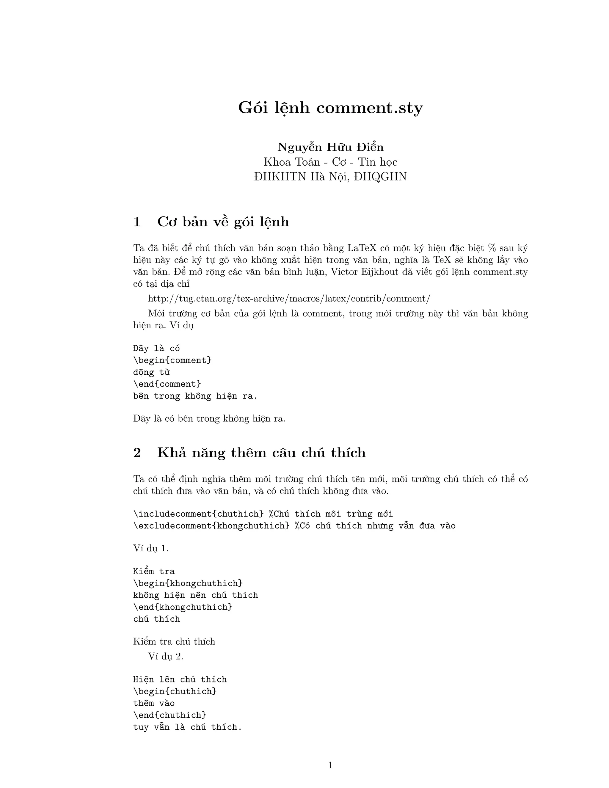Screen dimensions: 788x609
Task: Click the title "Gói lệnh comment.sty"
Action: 330,108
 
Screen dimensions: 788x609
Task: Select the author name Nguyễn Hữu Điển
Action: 330,147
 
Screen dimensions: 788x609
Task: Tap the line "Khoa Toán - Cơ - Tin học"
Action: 330,162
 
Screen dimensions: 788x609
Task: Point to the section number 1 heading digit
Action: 137,222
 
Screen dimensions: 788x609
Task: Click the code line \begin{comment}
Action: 172,360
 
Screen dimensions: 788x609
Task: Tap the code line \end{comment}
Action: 167,384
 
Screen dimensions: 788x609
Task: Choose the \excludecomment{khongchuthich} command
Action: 211,526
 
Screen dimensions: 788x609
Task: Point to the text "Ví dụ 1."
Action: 151,548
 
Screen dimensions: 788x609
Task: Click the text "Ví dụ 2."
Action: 166,656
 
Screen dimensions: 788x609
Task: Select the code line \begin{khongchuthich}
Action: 188,583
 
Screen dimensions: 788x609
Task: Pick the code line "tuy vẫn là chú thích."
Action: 187,727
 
